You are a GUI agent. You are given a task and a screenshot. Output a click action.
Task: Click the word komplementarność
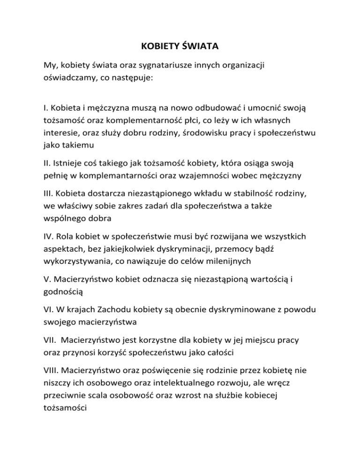tap(129, 120)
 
